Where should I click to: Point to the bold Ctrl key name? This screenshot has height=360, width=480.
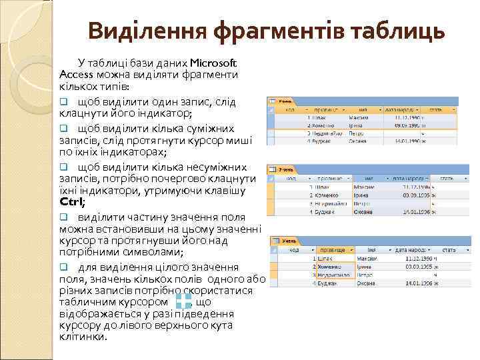[x=71, y=202]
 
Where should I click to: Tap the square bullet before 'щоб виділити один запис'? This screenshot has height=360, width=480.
[x=64, y=101]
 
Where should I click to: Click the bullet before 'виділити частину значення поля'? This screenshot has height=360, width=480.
[x=64, y=217]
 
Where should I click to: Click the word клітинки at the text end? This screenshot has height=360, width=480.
[x=83, y=337]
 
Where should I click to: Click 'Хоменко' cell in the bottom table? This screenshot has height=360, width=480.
[x=330, y=265]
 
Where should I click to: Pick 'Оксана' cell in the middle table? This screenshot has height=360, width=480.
[x=363, y=212]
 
